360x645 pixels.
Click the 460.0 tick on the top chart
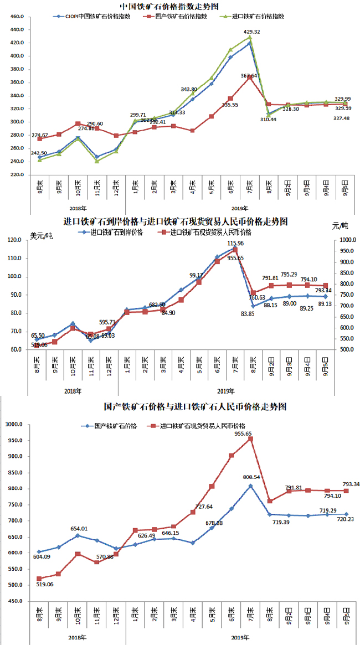[17, 17]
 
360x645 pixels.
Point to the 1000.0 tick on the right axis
[346, 240]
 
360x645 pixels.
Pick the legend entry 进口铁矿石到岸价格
[115, 233]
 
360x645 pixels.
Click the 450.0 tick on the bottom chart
[15, 601]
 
